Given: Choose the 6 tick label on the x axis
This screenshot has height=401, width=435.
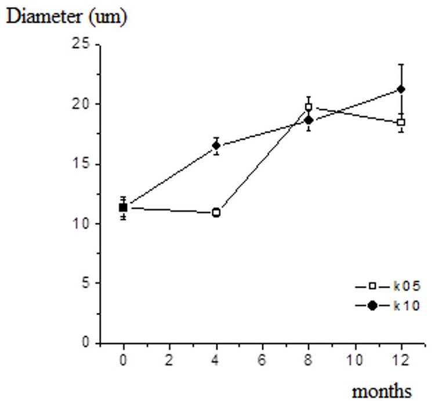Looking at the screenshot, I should pyautogui.click(x=262, y=359).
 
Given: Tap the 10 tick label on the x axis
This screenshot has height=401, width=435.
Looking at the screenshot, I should pyautogui.click(x=354, y=359).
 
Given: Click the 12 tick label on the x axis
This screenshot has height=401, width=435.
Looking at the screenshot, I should pyautogui.click(x=401, y=359).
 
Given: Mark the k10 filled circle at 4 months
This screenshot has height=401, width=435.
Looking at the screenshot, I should pyautogui.click(x=216, y=146).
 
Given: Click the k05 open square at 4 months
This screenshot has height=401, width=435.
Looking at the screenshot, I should pyautogui.click(x=216, y=213).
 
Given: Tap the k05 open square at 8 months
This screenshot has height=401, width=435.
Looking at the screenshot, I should pyautogui.click(x=309, y=107).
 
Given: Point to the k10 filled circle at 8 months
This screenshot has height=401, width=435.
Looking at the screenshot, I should pyautogui.click(x=309, y=120).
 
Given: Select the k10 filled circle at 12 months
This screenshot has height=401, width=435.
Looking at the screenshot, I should pyautogui.click(x=401, y=89).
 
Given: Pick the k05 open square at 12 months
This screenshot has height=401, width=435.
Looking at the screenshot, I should pyautogui.click(x=401, y=122).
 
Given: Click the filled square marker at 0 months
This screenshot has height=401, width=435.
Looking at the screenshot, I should pyautogui.click(x=123, y=207).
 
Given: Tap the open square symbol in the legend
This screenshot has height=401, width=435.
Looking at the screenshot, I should pyautogui.click(x=372, y=286).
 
